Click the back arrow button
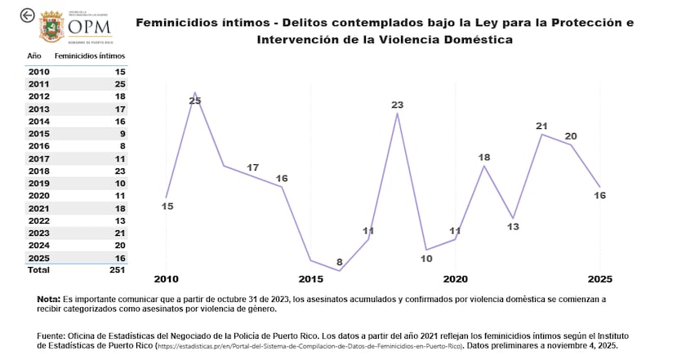tap(28, 15)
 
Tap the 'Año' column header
tap(34, 56)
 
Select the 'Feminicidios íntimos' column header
tap(89, 56)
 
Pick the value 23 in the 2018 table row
tap(119, 171)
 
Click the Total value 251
tap(117, 269)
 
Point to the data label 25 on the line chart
tap(194, 100)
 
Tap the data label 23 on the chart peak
tap(398, 104)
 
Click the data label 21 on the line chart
tap(541, 126)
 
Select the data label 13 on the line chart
tap(513, 227)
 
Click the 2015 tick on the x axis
tap(311, 279)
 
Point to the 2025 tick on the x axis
tap(600, 279)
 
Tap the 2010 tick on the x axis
tap(167, 279)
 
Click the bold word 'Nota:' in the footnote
tap(48, 300)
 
